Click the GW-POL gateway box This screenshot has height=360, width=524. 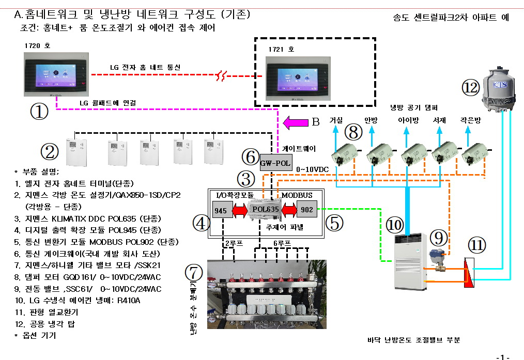click(x=275, y=163)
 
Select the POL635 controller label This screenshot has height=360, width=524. click(x=265, y=209)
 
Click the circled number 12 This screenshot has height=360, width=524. click(x=471, y=88)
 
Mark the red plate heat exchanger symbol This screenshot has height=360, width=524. click(x=468, y=271)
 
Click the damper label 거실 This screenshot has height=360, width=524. click(x=336, y=119)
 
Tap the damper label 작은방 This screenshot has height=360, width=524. click(x=471, y=119)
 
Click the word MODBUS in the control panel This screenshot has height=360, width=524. click(x=297, y=195)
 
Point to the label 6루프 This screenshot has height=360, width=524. click(x=282, y=242)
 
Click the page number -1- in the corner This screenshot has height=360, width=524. click(x=503, y=356)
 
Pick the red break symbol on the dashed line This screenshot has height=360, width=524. click(x=221, y=78)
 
